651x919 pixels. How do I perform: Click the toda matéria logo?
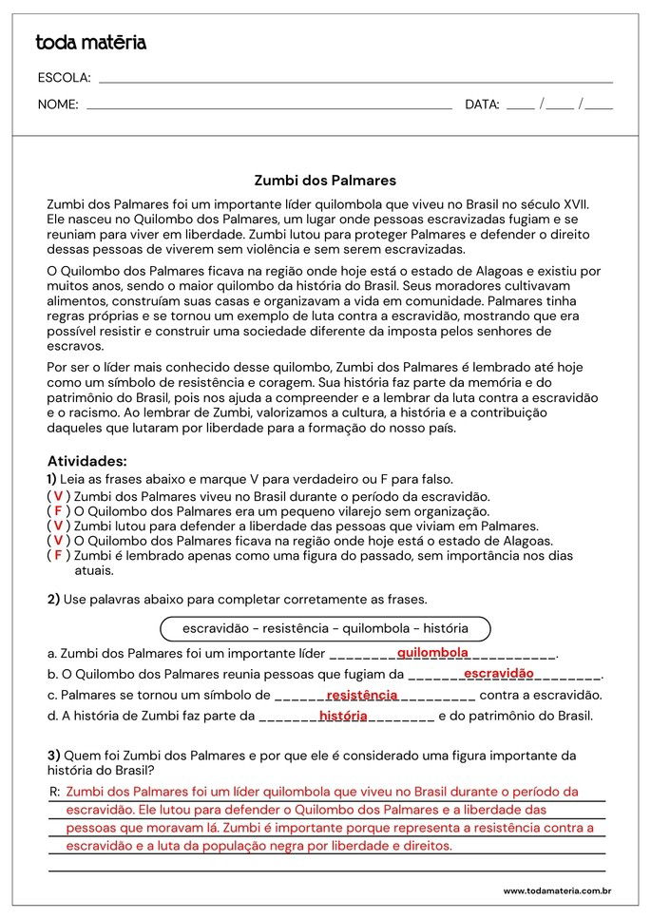pyautogui.click(x=91, y=43)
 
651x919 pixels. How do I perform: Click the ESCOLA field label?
pyautogui.click(x=64, y=78)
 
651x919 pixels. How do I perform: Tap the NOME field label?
pyautogui.click(x=58, y=105)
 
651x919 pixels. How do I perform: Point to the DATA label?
pyautogui.click(x=482, y=105)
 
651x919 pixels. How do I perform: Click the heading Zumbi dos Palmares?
pyautogui.click(x=325, y=180)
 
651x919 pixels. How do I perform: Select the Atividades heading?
pyautogui.click(x=86, y=461)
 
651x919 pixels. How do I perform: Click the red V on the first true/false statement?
pyautogui.click(x=58, y=496)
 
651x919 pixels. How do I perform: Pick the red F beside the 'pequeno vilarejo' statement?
pyautogui.click(x=58, y=510)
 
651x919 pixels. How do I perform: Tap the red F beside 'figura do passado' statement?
pyautogui.click(x=58, y=555)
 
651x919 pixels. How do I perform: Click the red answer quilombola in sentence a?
pyautogui.click(x=432, y=653)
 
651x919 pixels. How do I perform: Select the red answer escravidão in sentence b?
pyautogui.click(x=499, y=674)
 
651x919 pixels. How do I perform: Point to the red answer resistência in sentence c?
pyautogui.click(x=362, y=695)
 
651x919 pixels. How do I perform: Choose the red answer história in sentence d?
pyautogui.click(x=343, y=716)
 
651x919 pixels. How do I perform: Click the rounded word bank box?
pyautogui.click(x=325, y=628)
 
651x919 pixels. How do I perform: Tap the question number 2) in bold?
pyautogui.click(x=53, y=599)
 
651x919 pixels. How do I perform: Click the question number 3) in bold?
pyautogui.click(x=53, y=756)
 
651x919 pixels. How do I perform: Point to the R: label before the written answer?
pyautogui.click(x=54, y=792)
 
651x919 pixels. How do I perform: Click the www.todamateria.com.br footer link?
pyautogui.click(x=556, y=890)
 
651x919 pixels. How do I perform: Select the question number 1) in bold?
pyautogui.click(x=52, y=479)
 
